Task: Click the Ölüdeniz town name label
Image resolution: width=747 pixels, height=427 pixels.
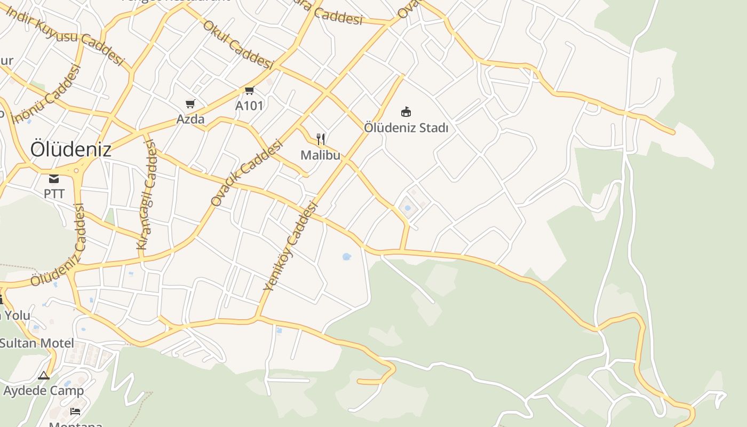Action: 70,149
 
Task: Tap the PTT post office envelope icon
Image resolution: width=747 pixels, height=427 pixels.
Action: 54,179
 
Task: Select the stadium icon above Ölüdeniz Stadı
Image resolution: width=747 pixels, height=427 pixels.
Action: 406,112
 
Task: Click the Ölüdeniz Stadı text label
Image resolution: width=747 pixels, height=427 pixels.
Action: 406,128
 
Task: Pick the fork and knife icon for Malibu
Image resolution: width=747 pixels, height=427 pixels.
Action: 321,139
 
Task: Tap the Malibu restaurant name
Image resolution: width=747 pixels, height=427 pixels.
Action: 320,155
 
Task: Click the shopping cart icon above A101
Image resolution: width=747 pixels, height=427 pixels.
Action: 249,90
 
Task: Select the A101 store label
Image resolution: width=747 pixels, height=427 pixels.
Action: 249,106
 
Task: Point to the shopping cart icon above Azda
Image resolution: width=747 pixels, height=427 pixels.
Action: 190,104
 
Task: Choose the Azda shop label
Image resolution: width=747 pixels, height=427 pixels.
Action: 190,119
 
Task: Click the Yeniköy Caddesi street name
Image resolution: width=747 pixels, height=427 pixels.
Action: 290,247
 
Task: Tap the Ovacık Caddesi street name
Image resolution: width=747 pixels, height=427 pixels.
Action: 246,173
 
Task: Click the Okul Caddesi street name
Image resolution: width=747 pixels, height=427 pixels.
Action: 238,45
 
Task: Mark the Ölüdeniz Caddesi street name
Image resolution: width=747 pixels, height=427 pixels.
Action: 58,246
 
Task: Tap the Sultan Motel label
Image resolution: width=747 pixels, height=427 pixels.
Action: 37,343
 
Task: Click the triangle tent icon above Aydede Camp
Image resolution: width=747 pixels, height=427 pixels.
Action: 44,376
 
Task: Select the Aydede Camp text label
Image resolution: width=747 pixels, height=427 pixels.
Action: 44,391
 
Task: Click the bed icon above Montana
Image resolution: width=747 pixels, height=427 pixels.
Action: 75,412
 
